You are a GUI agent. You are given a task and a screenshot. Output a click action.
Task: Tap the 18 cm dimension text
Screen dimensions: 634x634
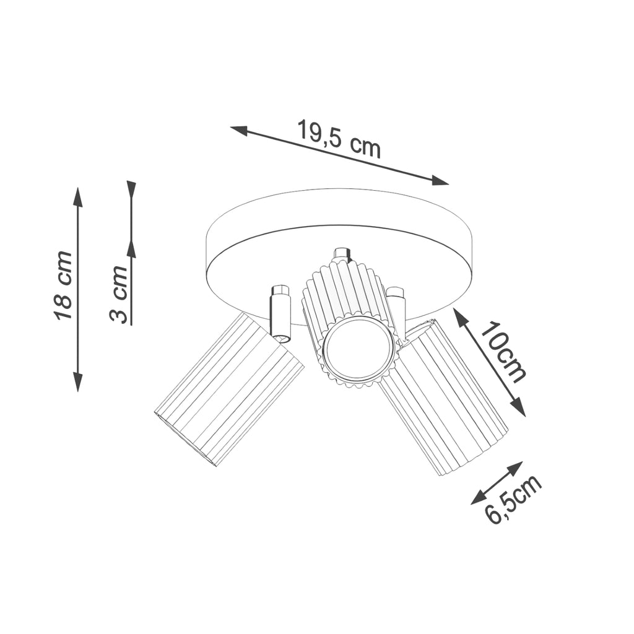coord(64,285)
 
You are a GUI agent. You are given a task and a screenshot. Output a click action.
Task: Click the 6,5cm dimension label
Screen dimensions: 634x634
coord(513,500)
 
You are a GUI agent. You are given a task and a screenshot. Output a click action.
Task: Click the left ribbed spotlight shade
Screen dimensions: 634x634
coord(229,389)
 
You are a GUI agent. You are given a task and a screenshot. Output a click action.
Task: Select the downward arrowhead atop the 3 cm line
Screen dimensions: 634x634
coord(131,189)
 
